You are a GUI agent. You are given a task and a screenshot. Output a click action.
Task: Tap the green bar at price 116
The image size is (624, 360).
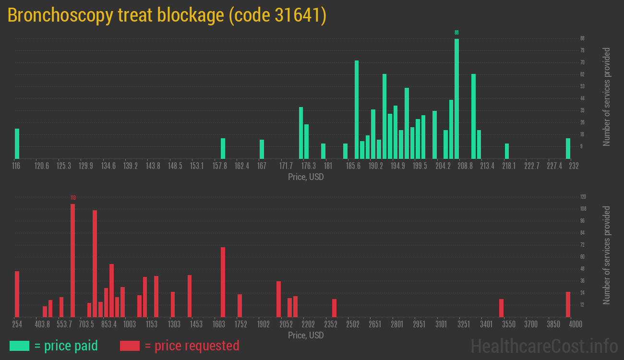coord(17,144)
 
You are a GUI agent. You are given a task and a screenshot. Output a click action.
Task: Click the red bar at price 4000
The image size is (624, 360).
coord(568,304)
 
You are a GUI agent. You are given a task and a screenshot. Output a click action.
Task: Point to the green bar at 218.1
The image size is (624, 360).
coord(507,151)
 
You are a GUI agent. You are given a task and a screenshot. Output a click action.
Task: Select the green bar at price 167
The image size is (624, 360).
coord(262,149)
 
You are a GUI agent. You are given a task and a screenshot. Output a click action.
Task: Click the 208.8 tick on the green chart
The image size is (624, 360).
coord(465,166)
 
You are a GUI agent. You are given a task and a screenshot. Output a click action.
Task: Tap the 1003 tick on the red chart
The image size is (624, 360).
coord(129,324)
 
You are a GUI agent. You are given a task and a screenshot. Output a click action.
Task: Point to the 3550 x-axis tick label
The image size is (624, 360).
coord(508,324)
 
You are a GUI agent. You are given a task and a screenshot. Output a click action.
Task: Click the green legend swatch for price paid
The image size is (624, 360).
coord(19,346)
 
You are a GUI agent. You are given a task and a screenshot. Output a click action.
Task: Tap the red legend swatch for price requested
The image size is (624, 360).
coord(130,346)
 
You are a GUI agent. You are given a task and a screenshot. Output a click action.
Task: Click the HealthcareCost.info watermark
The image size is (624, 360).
coord(544,346)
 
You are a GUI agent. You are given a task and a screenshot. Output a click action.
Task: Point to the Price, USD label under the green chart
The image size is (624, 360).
coord(306,177)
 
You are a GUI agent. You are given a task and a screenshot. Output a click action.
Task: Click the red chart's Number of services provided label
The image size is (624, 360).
coord(607,255)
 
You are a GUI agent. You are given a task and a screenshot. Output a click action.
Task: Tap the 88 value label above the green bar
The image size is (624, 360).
coord(456,33)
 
